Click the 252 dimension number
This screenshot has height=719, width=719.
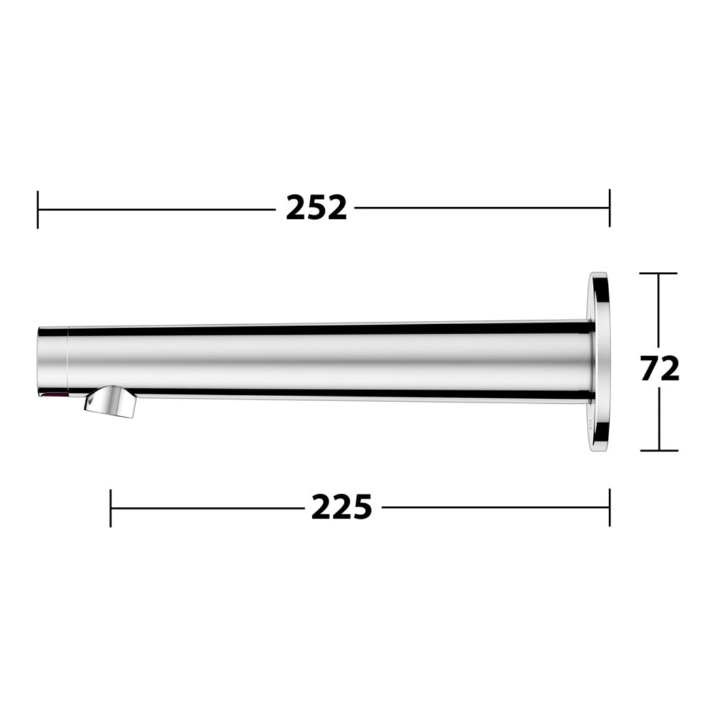pos(316,208)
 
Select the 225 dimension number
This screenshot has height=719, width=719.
pos(342,507)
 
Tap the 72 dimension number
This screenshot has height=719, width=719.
pos(660,369)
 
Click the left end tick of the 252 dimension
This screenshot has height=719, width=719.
pos(38,209)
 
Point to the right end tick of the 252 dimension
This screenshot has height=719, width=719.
pos(609,208)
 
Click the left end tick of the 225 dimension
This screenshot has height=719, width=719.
pos(110,508)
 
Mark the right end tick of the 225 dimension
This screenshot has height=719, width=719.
pos(609,507)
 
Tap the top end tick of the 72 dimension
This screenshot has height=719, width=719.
pos(659,273)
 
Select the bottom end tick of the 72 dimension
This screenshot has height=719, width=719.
pos(659,450)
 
